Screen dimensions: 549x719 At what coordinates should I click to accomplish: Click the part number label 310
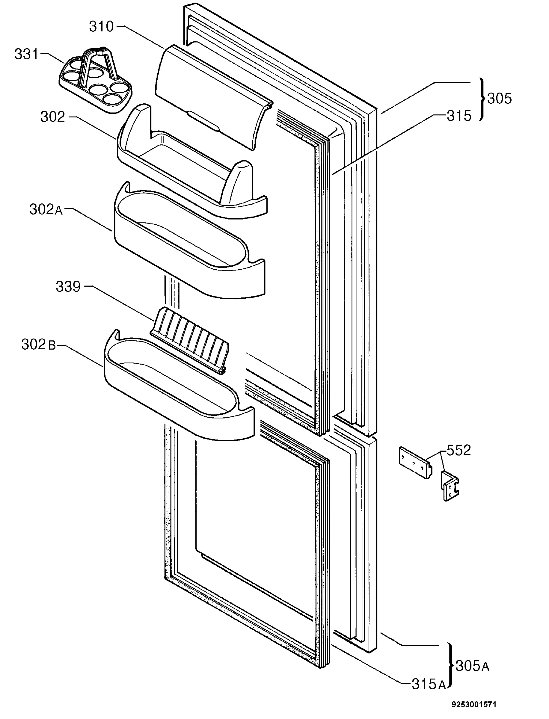pos(101,27)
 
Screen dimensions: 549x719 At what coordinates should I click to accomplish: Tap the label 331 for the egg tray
pos(26,54)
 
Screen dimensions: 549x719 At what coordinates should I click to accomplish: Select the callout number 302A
pos(46,210)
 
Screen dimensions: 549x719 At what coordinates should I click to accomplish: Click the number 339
pos(68,287)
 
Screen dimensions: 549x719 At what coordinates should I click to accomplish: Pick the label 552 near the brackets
pos(458,451)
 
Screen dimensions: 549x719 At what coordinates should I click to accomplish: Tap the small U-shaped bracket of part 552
pos(450,485)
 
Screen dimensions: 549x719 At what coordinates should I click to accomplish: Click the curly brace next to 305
pos(482,99)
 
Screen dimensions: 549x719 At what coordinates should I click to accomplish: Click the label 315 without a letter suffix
pos(459,116)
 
